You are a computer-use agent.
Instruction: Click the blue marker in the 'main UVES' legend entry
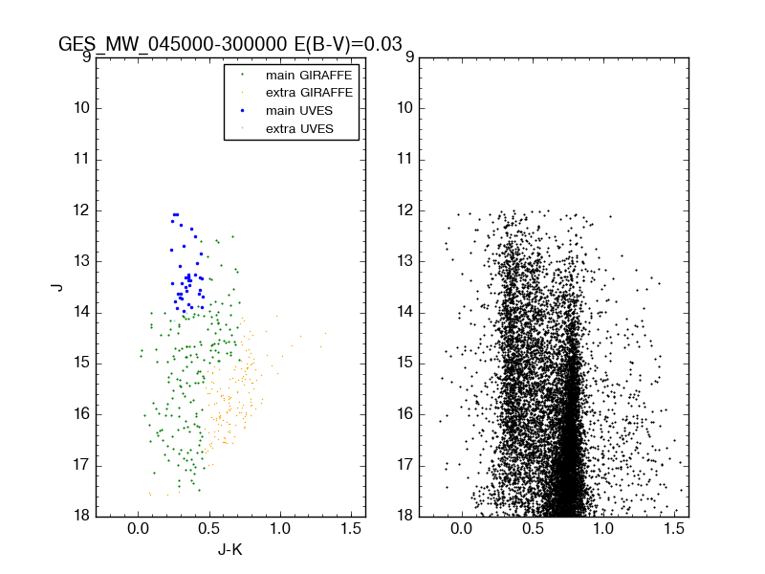(x=241, y=111)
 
